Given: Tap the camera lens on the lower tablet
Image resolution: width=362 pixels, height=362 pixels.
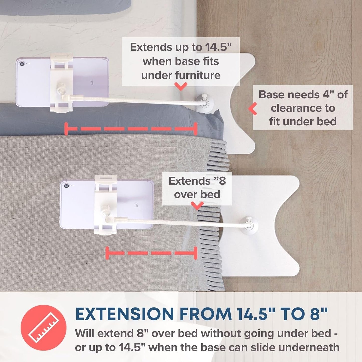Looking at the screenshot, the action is (66, 186).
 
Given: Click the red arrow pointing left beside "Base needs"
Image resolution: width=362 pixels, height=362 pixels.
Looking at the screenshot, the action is (253, 108).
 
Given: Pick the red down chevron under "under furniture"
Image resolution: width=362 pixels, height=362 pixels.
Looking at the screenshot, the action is (181, 86).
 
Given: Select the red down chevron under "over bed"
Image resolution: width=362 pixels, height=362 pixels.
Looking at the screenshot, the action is (197, 206).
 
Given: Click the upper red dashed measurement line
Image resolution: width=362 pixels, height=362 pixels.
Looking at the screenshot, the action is (131, 129).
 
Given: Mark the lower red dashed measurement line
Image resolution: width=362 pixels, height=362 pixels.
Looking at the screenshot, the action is (151, 253).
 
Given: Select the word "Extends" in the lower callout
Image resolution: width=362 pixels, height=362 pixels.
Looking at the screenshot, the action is (189, 181).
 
